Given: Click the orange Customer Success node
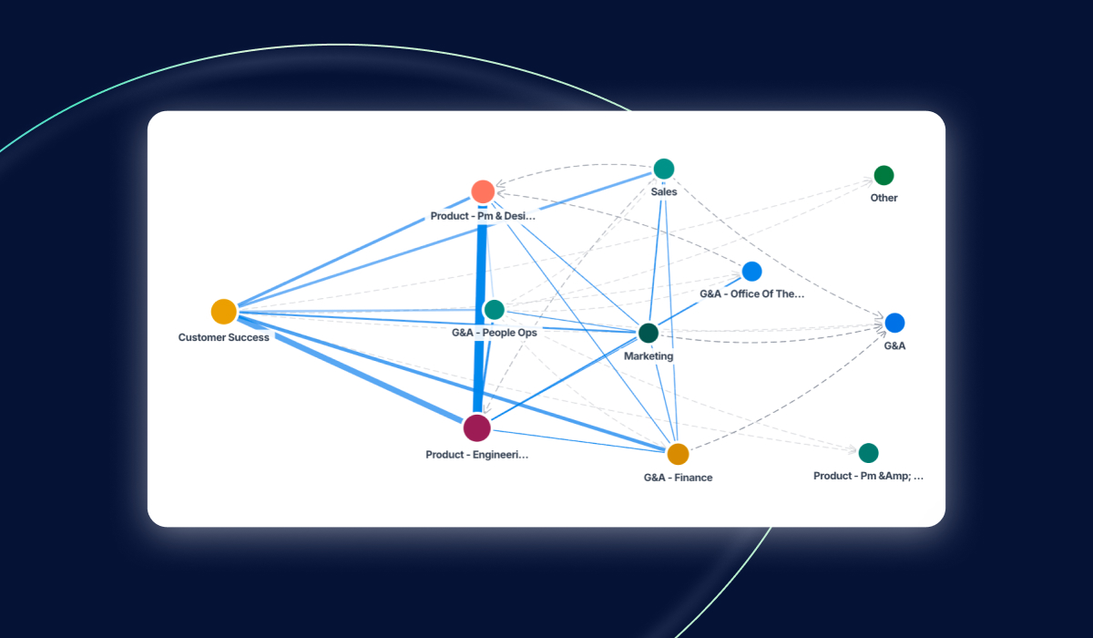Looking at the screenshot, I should tap(224, 312).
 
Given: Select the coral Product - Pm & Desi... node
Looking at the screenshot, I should tap(483, 191).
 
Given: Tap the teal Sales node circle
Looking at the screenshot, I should tap(664, 169).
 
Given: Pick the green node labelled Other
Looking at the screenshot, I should tap(884, 175).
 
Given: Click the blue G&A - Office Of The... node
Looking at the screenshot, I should tap(751, 271).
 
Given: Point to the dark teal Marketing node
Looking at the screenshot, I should tap(649, 333).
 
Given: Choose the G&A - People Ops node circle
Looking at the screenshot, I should tap(494, 310).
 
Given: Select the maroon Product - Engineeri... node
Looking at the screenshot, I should tap(476, 427).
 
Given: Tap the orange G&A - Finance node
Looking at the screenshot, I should tap(678, 454).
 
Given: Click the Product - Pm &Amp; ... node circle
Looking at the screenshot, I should tap(868, 453).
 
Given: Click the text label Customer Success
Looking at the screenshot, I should tap(224, 337).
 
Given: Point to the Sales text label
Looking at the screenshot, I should tap(664, 192).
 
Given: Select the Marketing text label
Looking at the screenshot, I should tap(649, 356).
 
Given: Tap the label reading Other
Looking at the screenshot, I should tap(884, 198).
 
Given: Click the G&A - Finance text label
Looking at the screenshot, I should tap(678, 478).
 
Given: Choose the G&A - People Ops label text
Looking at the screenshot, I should tap(495, 333).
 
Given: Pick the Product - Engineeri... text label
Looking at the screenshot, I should tap(476, 454).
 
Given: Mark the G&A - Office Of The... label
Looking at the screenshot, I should tap(752, 294).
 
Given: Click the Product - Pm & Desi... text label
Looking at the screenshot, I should tap(483, 217).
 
